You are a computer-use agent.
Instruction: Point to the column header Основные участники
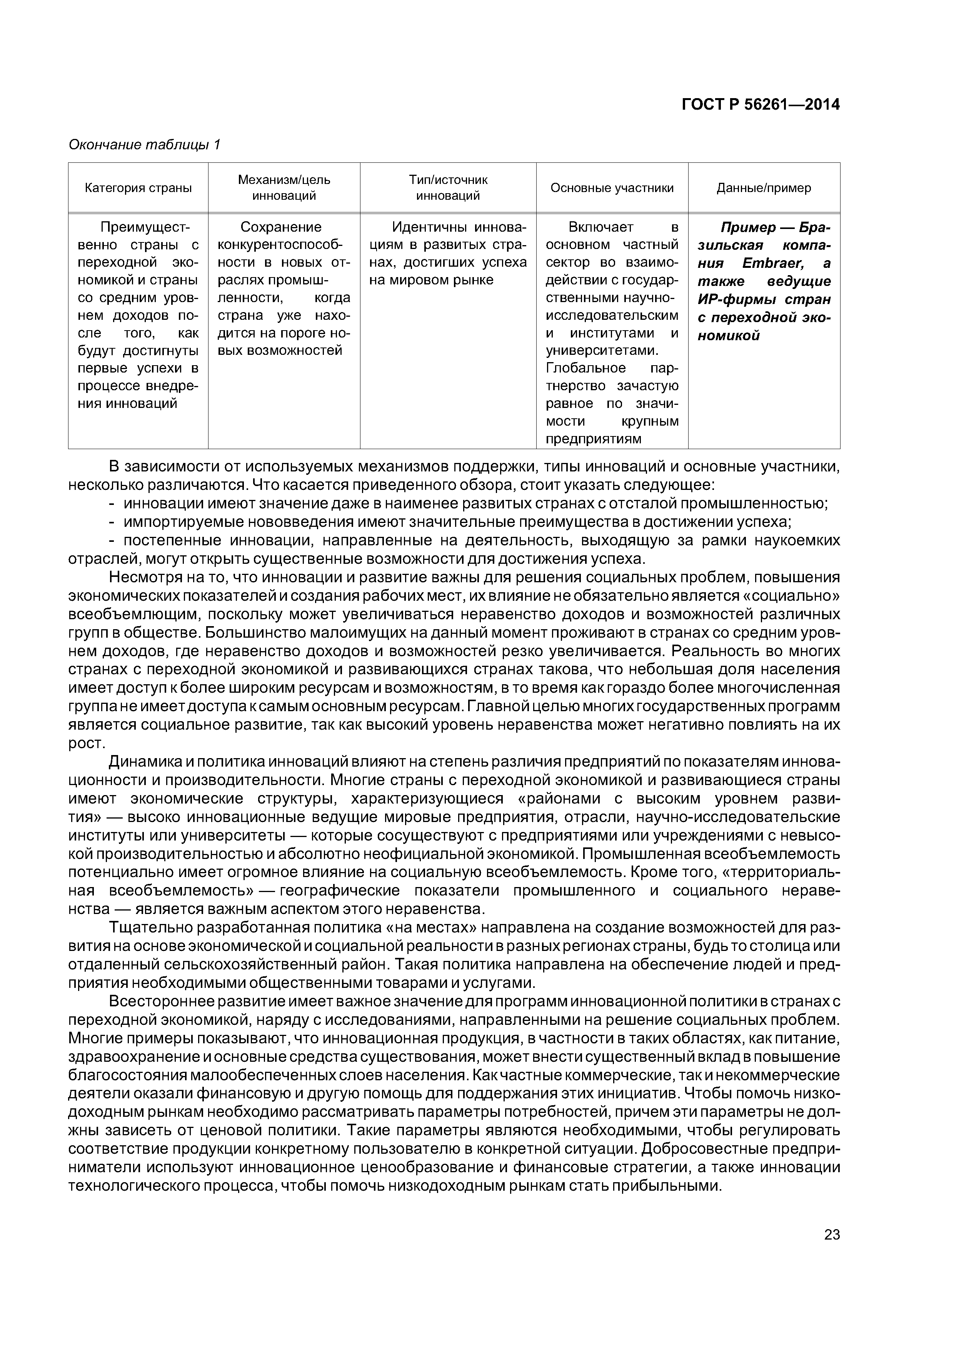point(612,188)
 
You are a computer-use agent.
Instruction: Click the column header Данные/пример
point(764,188)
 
